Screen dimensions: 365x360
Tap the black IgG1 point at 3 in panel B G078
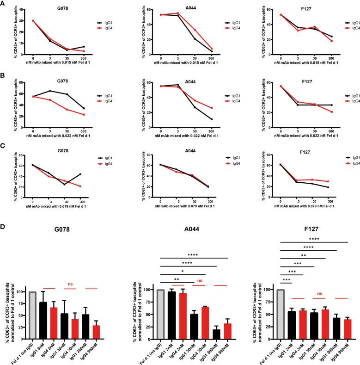click(x=50, y=91)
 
